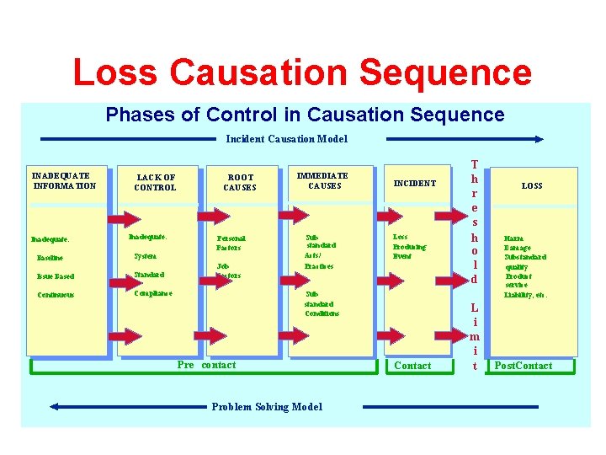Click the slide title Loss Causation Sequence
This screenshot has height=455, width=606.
[302, 72]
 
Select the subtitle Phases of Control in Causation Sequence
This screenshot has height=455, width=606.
[305, 115]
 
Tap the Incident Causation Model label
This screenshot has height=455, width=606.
[286, 139]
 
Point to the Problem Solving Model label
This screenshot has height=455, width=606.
[267, 407]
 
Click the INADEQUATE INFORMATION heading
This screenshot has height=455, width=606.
[64, 181]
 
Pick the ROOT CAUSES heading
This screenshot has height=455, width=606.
[240, 183]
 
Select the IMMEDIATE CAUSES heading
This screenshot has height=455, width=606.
[322, 180]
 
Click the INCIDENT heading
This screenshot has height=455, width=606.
[415, 183]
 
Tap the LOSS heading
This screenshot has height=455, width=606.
[532, 185]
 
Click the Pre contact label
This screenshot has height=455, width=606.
[207, 365]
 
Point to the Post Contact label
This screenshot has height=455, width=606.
[524, 366]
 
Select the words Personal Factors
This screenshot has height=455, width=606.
[229, 243]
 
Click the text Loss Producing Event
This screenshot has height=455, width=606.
[409, 247]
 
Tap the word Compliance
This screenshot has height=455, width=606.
[153, 293]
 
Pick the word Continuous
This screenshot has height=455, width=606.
[56, 295]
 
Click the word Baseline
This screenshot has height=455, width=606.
[50, 258]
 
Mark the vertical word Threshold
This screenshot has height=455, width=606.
[475, 221]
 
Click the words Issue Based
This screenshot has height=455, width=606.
[55, 276]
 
